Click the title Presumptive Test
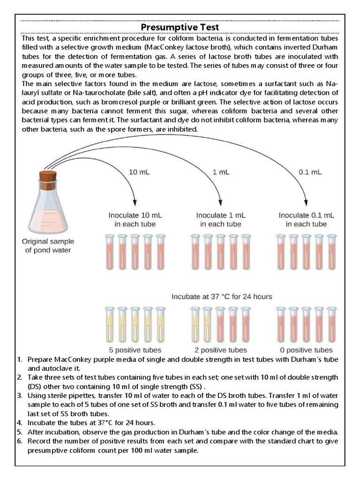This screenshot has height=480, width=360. click(180, 27)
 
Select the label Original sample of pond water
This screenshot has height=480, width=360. click(48, 245)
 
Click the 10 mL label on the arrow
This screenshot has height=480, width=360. click(140, 172)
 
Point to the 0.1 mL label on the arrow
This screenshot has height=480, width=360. click(310, 172)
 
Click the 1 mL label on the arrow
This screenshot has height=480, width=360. click(221, 172)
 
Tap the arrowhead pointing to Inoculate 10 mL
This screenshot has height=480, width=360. click(135, 202)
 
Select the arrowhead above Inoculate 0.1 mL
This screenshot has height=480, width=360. click(305, 202)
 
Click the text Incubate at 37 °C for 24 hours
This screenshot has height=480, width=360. click(222, 297)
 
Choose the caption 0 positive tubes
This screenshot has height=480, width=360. click(306, 350)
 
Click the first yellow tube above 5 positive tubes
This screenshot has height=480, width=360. click(109, 326)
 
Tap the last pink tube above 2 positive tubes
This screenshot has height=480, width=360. click(246, 326)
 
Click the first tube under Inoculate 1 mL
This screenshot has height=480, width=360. click(195, 253)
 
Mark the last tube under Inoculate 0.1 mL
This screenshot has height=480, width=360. click(331, 253)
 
